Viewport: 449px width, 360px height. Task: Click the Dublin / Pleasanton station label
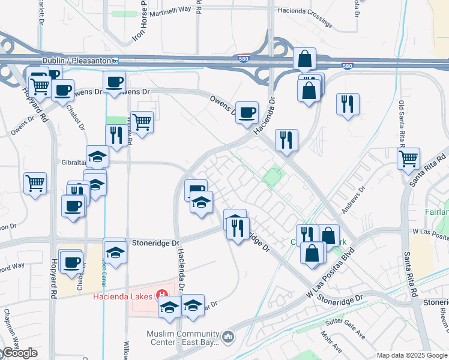point(76,61)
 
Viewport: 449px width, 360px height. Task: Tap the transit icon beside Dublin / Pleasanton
point(115,61)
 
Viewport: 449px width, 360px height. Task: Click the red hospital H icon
point(161,295)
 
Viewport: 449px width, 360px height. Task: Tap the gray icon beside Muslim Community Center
point(228,337)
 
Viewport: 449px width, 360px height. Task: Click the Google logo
point(19,353)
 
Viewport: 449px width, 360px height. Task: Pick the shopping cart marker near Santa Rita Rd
point(408,159)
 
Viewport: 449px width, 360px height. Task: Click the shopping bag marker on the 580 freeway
point(305,59)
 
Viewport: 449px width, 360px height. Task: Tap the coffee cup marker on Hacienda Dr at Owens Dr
point(247,112)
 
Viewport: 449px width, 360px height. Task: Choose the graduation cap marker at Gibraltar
point(97,157)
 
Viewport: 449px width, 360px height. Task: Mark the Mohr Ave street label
point(334,347)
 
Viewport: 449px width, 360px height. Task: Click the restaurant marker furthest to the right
point(348,104)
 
